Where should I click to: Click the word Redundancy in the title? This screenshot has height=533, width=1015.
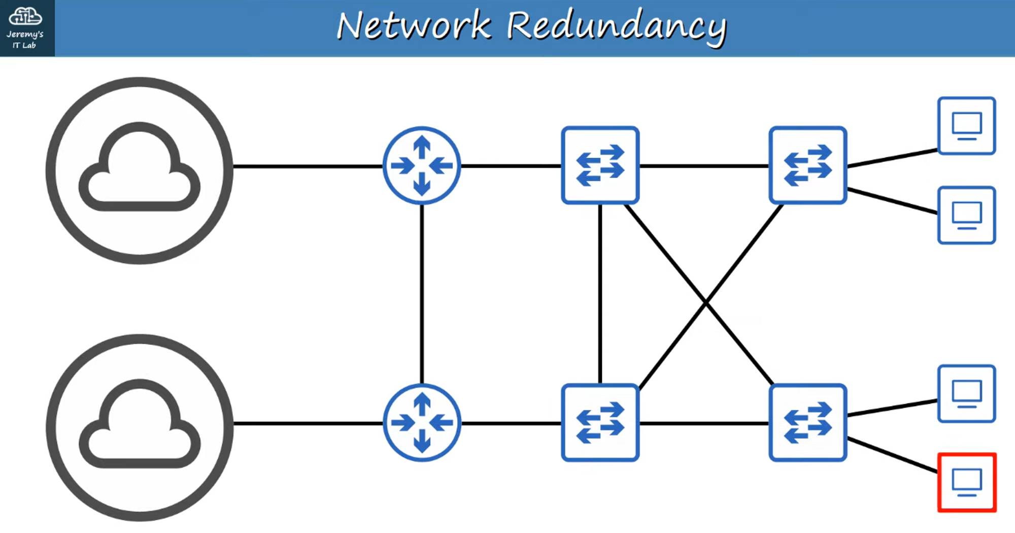point(616,26)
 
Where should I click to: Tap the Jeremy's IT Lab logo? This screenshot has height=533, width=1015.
point(25,27)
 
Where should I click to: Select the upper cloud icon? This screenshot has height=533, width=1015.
point(140,170)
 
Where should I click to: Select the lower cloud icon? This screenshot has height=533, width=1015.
point(140,427)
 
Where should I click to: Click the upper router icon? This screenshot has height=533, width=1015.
point(422,165)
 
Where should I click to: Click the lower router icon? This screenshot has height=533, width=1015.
point(422,422)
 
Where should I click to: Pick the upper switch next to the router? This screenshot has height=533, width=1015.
point(600,165)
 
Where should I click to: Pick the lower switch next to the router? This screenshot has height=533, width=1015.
point(600,422)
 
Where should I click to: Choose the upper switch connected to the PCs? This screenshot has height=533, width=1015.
point(807,165)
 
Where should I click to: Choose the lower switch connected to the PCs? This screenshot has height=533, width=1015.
point(807,422)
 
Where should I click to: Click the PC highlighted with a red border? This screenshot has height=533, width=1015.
point(967,482)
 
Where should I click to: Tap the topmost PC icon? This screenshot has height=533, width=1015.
point(967,125)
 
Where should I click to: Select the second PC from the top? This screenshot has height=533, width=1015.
point(967,215)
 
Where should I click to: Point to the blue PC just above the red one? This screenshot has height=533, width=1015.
point(967,394)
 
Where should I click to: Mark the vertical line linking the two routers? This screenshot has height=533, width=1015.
point(422,294)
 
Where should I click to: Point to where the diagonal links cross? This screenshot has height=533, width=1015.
point(705,303)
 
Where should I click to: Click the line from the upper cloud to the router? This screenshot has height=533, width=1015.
point(308,166)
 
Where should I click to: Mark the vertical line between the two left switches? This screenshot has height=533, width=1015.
point(600,294)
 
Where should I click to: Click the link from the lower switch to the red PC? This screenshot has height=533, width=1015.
point(892,455)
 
